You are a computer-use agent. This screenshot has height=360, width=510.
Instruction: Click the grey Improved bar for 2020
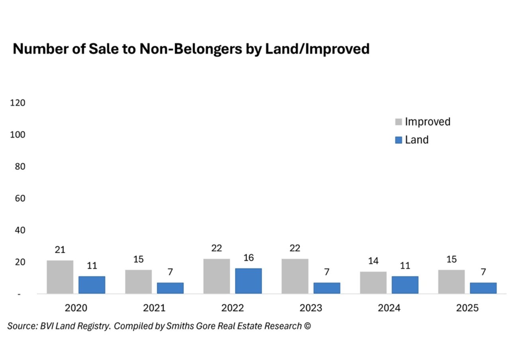[60, 277]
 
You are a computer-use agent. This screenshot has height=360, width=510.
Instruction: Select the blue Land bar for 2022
[248, 281]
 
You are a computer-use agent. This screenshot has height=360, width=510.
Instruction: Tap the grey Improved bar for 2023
[295, 276]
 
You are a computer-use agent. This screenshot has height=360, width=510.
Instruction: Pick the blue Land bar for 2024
[405, 285]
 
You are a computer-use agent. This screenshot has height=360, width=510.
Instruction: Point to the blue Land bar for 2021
[170, 288]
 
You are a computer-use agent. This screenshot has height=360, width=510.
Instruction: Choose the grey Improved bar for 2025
[451, 282]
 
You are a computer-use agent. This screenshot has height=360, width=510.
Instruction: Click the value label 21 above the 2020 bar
[60, 250]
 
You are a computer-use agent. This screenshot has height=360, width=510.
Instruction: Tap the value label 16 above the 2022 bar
[248, 258]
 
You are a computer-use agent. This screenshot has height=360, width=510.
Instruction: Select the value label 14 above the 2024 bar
[373, 261]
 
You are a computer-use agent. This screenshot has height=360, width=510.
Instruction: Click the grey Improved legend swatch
[398, 122]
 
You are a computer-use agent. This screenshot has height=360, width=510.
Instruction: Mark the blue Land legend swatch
[398, 140]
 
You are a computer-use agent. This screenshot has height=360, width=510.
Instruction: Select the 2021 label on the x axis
[154, 308]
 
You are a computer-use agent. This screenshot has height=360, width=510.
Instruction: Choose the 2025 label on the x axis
[467, 308]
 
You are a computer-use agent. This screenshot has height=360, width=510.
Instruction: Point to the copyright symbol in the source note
[307, 326]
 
